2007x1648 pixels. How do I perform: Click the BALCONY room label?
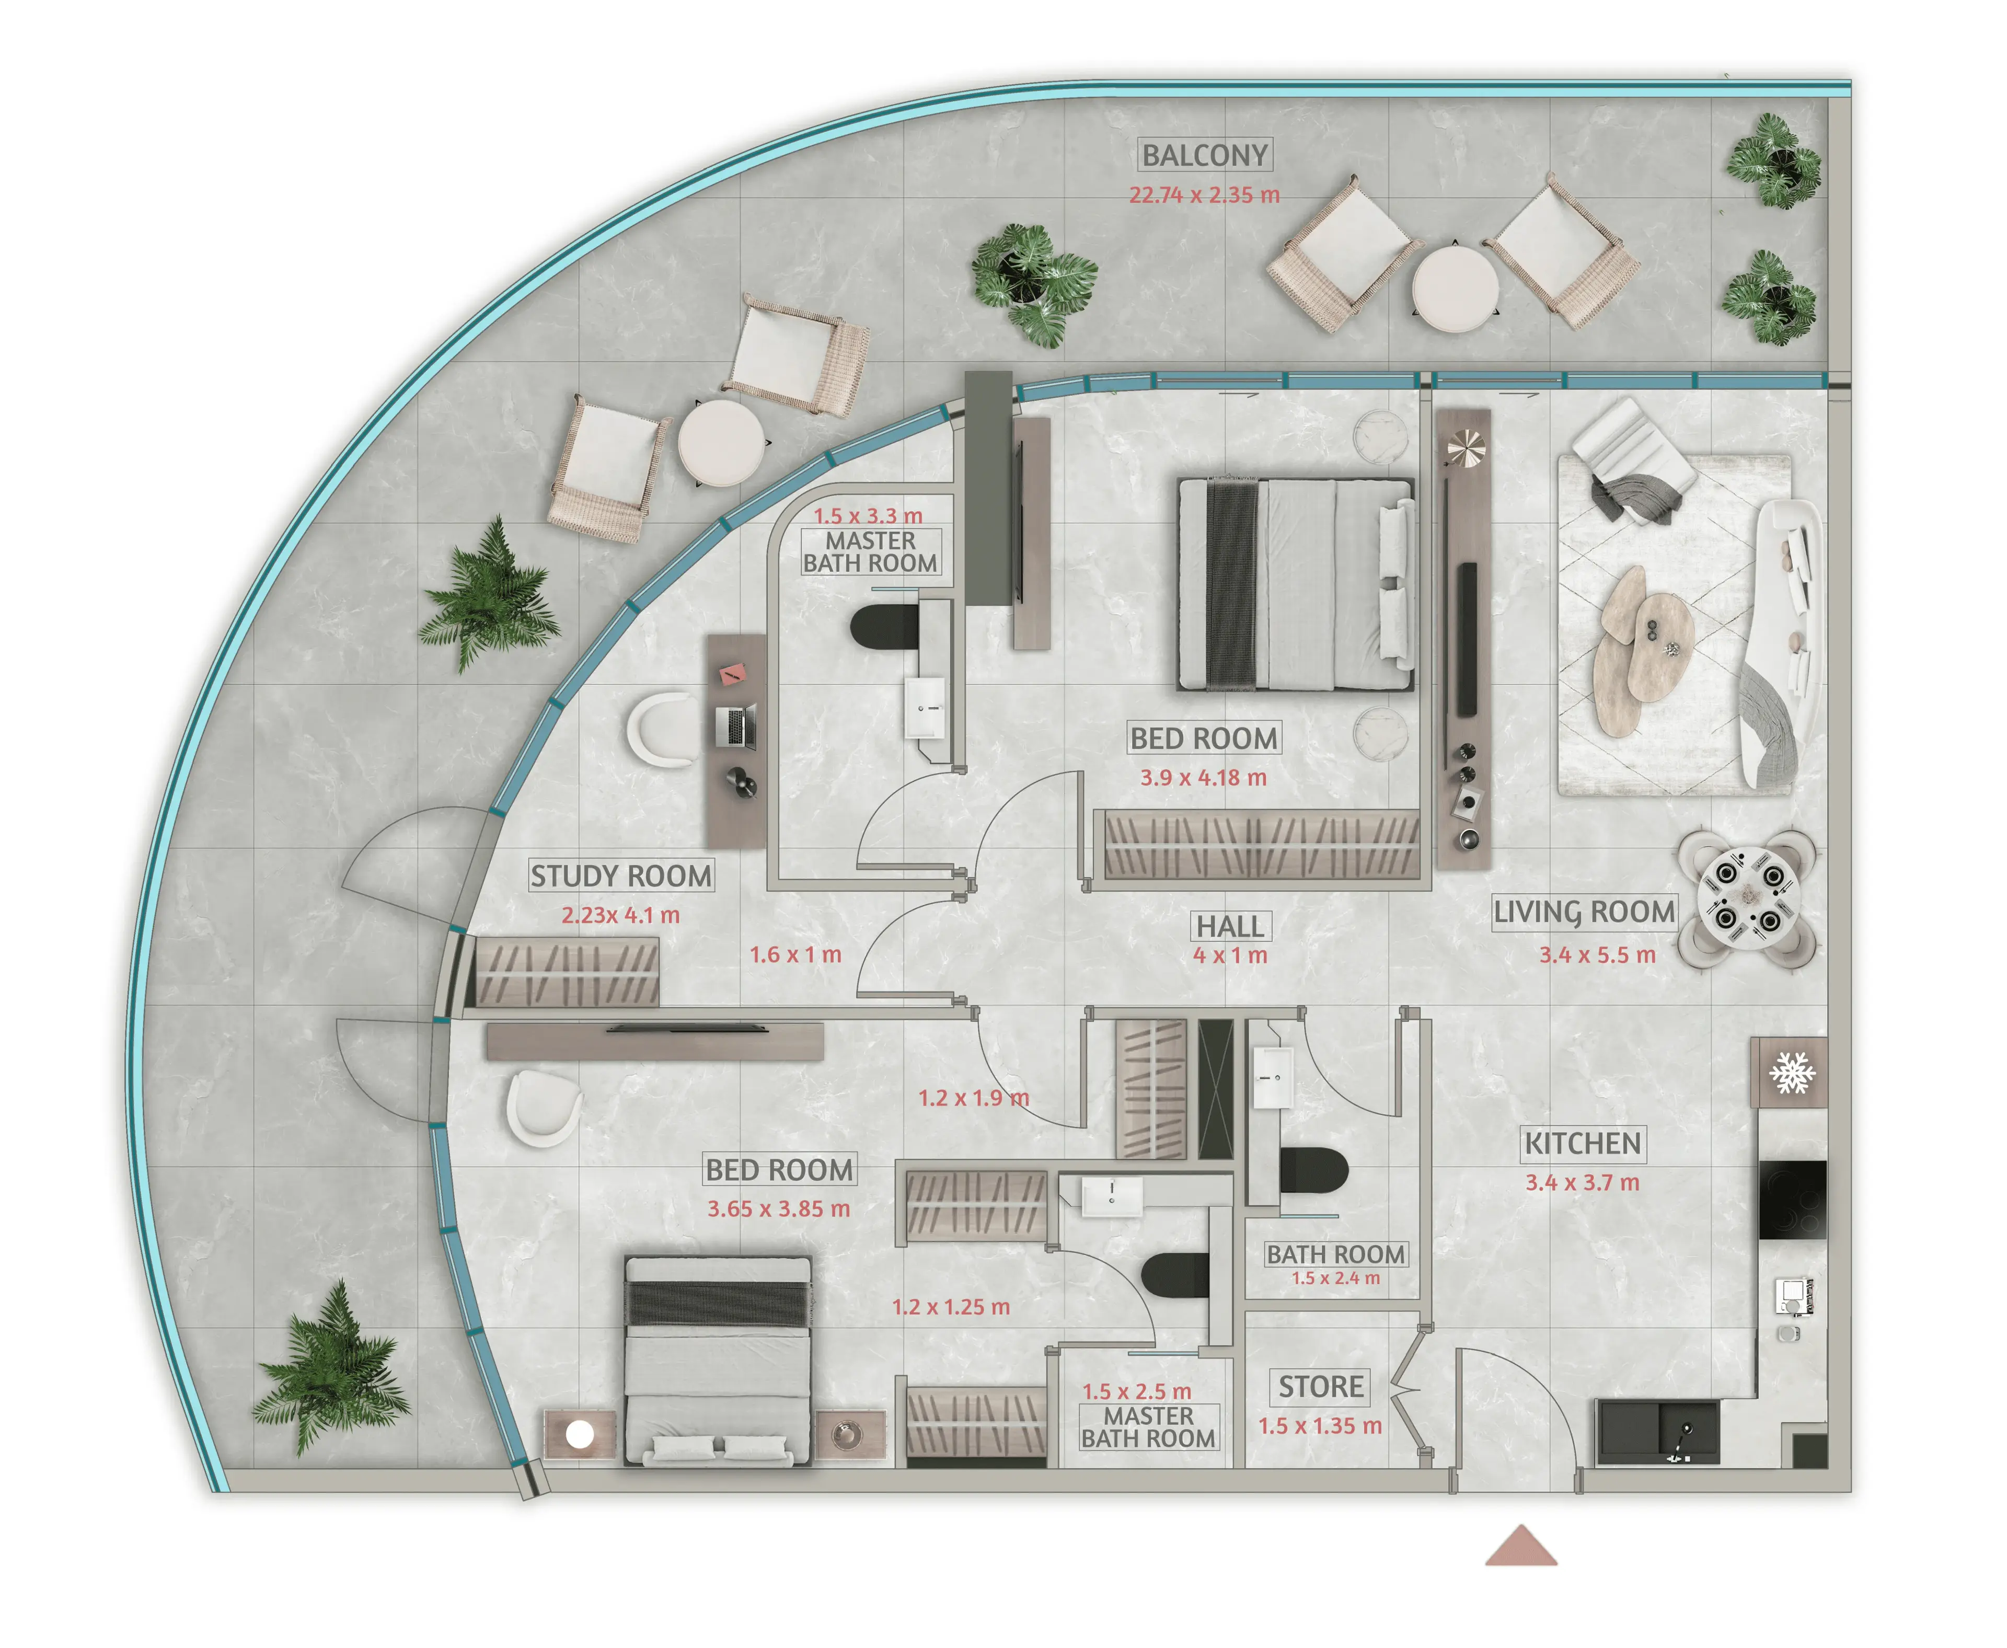coord(1204,155)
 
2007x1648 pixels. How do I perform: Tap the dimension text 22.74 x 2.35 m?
coord(1204,194)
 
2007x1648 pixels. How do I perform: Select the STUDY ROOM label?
coord(621,875)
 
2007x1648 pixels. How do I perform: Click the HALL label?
coord(1229,926)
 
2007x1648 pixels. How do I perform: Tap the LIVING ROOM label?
coord(1584,912)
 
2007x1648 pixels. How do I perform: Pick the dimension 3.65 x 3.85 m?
coord(778,1208)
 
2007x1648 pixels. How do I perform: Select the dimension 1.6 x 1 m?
coord(795,954)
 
